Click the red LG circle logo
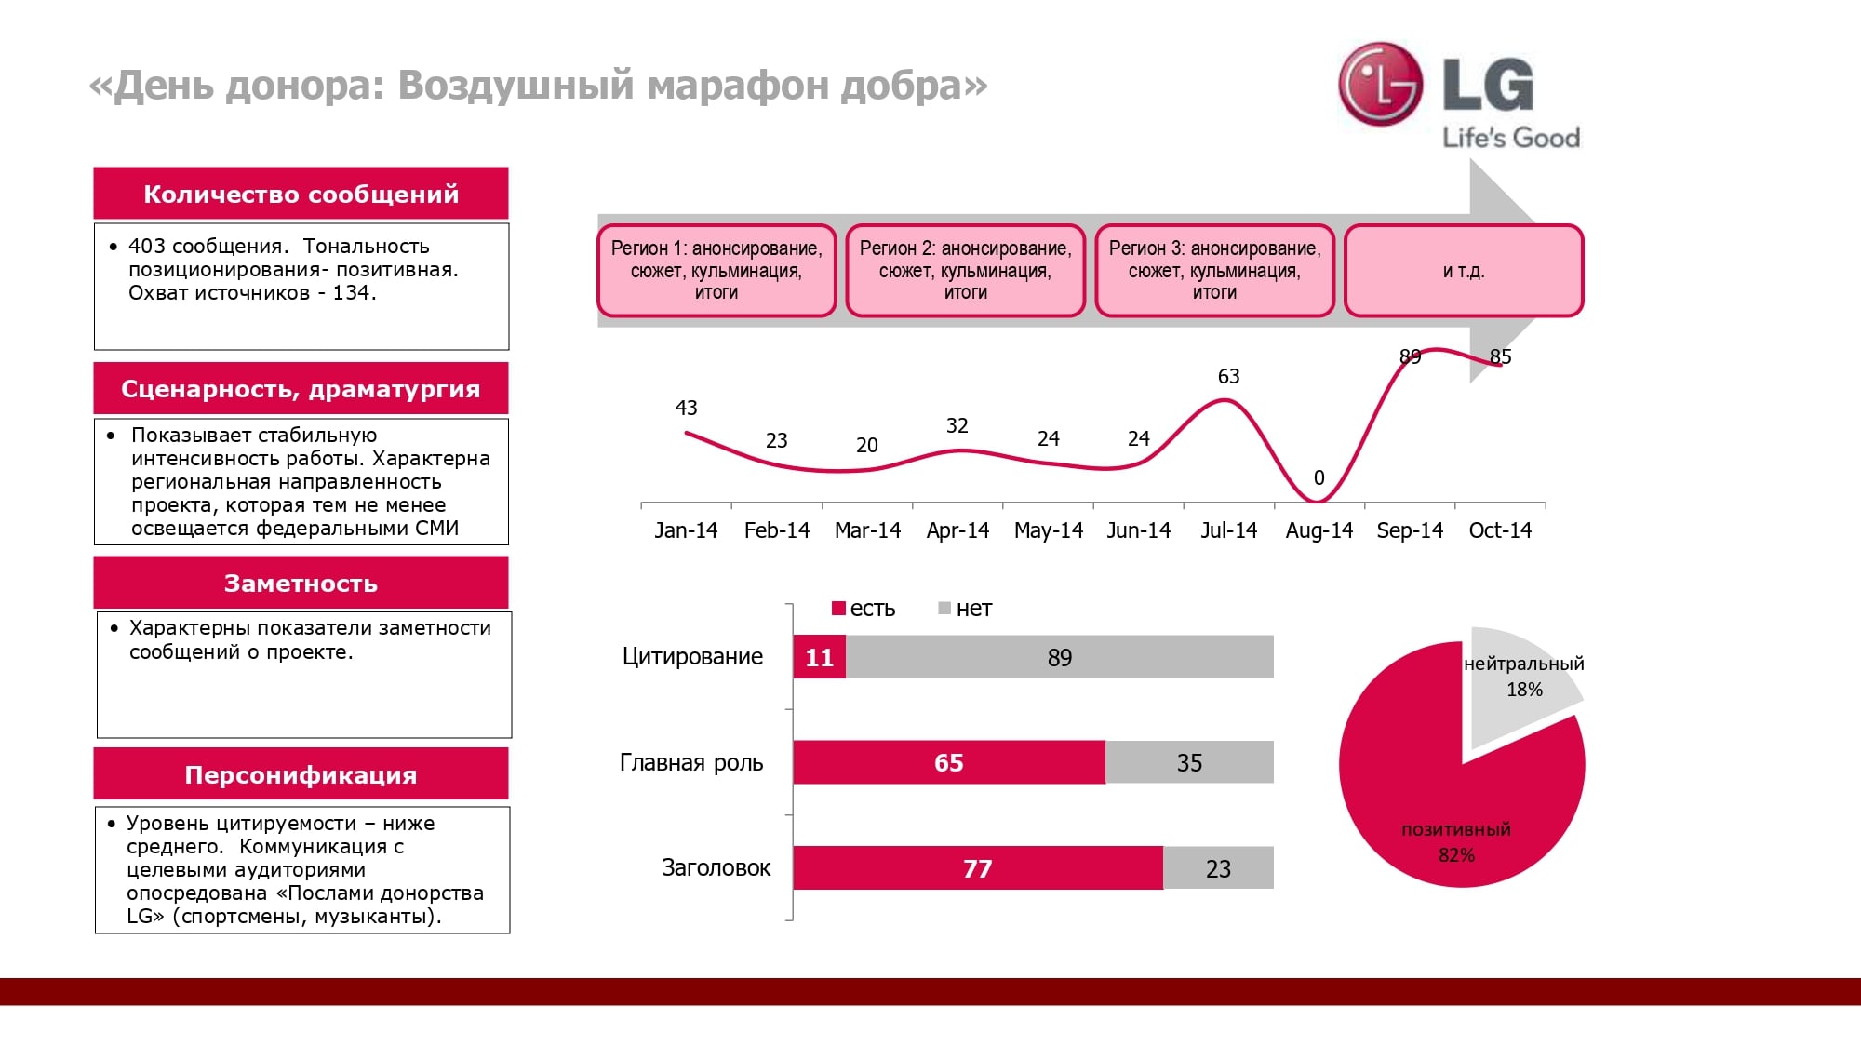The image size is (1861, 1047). (1381, 84)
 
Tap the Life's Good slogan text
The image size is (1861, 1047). (1510, 138)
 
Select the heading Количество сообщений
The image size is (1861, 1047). (301, 194)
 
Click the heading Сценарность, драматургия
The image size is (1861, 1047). (301, 388)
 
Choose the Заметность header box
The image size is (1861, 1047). (301, 583)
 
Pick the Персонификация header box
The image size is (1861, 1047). (301, 774)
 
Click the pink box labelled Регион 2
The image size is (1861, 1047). (965, 270)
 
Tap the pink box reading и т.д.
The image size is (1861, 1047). (1463, 271)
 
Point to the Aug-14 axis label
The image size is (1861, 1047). (1319, 530)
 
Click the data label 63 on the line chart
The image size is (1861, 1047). (1228, 376)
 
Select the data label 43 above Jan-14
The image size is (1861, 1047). (686, 408)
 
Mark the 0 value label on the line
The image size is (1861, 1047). (1319, 477)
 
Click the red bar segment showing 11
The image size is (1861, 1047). (819, 657)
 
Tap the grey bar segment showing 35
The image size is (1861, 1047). (1189, 762)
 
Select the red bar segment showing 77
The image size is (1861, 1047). (977, 868)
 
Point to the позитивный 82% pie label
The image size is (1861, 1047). (1456, 841)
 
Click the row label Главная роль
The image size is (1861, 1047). (691, 762)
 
